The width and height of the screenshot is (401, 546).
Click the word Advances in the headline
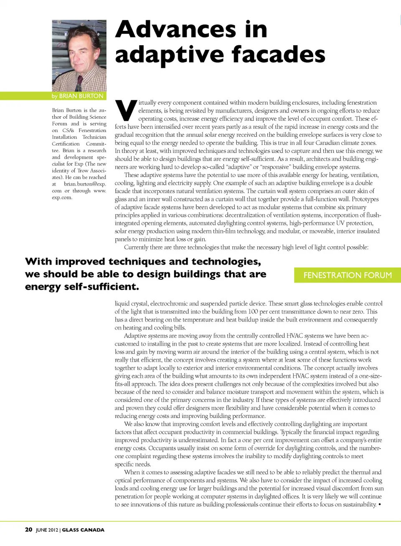175,29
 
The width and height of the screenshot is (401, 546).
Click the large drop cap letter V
126,110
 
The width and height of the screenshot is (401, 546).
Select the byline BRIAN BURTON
81,96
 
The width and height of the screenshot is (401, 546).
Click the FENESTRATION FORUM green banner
348,275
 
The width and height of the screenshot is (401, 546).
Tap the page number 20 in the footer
28,530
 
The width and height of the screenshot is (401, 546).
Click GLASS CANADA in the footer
83,530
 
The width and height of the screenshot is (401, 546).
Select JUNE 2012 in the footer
47,530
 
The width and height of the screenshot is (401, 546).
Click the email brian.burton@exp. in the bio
85,184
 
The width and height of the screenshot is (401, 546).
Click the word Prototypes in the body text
365,199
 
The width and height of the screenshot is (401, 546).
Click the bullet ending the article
379,505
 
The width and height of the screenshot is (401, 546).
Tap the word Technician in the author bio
94,137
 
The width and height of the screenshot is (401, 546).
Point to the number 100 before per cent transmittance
253,311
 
